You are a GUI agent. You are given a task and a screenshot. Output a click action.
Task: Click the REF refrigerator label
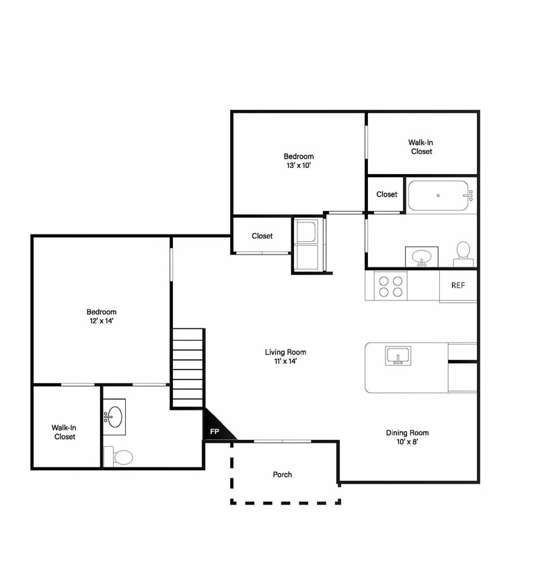(x=458, y=286)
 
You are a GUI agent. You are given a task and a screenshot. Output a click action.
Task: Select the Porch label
(x=283, y=474)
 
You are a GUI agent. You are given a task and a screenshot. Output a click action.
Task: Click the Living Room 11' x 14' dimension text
(x=286, y=361)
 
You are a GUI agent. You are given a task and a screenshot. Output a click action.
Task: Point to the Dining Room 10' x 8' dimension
(x=408, y=442)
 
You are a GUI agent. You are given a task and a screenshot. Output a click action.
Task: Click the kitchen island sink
(x=398, y=357)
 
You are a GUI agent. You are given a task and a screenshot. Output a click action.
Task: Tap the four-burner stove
(x=391, y=286)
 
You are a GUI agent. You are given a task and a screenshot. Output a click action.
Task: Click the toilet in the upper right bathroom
(x=464, y=255)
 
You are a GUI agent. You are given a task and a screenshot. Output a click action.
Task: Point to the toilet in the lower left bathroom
(x=118, y=457)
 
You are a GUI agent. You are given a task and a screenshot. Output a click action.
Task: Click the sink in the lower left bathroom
(x=114, y=417)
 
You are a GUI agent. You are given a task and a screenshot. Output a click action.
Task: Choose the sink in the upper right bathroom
(x=421, y=257)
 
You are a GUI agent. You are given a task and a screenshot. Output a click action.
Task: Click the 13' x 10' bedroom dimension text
(x=299, y=166)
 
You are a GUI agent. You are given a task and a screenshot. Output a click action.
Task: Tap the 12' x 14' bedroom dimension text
(x=102, y=321)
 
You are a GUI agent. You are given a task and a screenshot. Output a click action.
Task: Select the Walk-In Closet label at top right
(x=421, y=147)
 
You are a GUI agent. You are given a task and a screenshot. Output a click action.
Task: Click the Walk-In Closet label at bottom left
(x=64, y=432)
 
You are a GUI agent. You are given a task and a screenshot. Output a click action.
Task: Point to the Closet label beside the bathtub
(x=387, y=195)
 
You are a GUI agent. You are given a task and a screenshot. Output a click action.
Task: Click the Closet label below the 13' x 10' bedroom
(x=262, y=236)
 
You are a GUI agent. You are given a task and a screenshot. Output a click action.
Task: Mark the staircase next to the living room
(x=188, y=368)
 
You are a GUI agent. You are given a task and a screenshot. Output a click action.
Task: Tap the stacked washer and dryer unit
(x=306, y=245)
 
